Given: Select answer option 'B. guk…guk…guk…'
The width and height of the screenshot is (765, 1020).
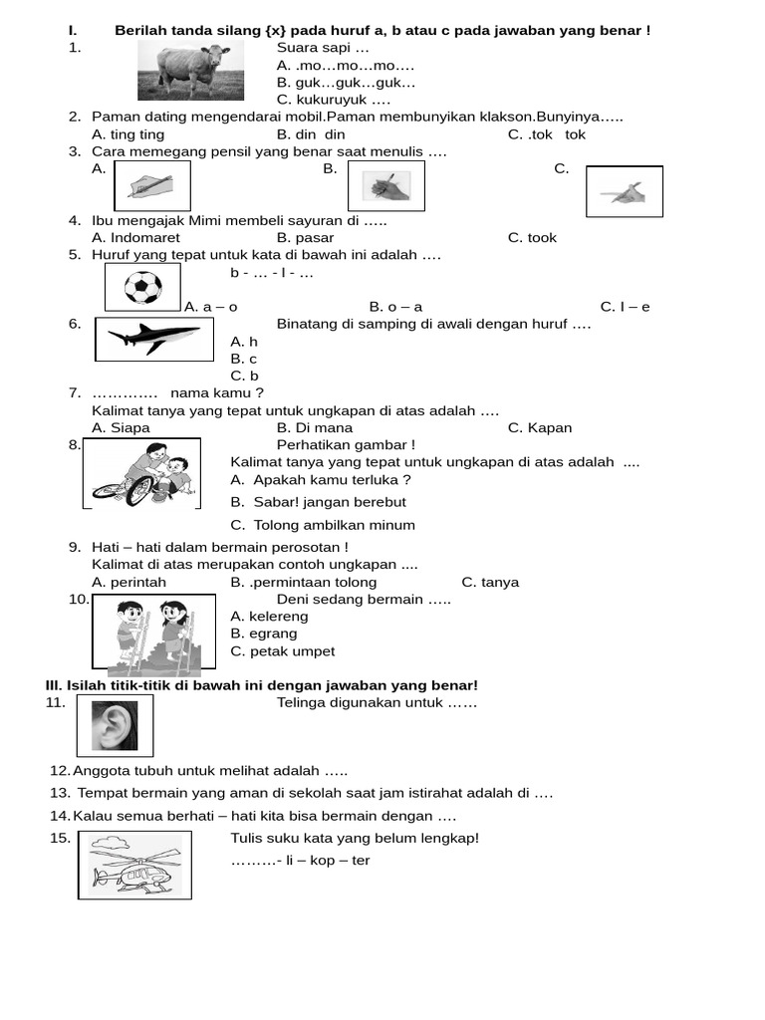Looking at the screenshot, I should (346, 83).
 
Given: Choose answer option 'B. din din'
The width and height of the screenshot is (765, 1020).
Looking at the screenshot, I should (311, 134).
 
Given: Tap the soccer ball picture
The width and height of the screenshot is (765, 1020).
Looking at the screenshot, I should (143, 289).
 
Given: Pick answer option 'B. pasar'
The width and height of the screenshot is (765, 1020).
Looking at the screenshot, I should (305, 238).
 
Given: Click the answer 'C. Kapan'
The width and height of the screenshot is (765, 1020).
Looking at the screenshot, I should (539, 428).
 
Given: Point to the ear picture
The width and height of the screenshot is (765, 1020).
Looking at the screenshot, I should (114, 723).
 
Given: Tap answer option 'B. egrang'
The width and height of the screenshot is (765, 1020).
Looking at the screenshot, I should (263, 634).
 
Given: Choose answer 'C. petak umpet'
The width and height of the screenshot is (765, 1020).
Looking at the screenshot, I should (282, 651).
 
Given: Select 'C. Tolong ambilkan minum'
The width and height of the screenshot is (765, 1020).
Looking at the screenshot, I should (322, 525).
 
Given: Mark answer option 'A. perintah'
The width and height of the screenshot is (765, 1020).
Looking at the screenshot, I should (128, 583).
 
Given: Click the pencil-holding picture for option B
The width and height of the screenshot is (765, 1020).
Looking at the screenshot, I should (385, 185).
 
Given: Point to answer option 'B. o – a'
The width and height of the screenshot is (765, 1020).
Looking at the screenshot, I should (395, 307).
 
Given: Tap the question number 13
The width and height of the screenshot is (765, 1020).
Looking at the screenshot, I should (60, 793).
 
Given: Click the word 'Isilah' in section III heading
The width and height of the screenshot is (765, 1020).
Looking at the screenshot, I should (87, 685).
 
